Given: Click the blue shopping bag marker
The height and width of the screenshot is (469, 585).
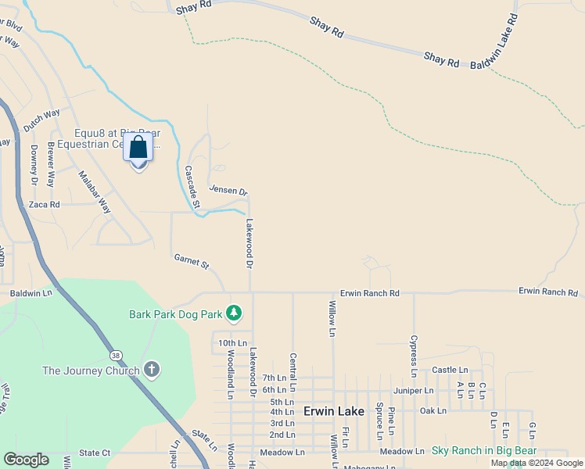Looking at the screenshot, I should pos(138,148).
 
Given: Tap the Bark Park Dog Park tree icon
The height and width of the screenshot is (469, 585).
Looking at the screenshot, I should pos(233,313).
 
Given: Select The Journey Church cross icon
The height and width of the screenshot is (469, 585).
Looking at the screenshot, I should pos(152,369).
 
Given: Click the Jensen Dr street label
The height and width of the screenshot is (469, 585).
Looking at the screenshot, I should pos(228,190).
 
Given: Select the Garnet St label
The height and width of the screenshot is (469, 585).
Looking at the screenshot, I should pos(191,262).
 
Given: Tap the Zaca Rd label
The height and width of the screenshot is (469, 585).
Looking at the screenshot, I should pos(44,204).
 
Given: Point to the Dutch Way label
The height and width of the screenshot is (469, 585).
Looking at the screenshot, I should pos(41,120).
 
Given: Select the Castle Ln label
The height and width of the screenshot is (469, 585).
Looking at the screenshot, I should pos(450,370).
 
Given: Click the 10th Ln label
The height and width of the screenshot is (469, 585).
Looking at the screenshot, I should pos(232,343).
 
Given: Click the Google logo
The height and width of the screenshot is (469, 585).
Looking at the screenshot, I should pos(26,460).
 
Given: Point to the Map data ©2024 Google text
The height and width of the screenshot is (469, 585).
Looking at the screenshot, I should pos(537,463).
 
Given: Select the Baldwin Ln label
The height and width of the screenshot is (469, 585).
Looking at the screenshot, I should pos(31,293).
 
